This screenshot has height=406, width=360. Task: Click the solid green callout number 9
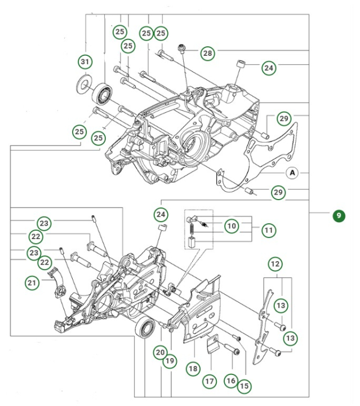click(x=338, y=215)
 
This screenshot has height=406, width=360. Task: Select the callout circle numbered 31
click(x=85, y=61)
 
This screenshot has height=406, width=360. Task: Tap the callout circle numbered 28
click(x=207, y=54)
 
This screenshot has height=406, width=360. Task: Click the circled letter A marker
click(x=292, y=173)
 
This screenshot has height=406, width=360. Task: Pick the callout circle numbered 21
click(x=32, y=282)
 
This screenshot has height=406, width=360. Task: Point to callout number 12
click(x=275, y=263)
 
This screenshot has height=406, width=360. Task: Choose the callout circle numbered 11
click(x=269, y=230)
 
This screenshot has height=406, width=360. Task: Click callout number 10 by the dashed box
click(x=232, y=226)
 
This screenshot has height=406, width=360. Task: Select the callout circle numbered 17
click(x=210, y=381)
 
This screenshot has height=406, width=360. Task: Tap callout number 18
click(x=193, y=368)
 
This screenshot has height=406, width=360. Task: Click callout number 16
click(x=230, y=381)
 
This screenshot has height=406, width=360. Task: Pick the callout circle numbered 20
click(x=160, y=353)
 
